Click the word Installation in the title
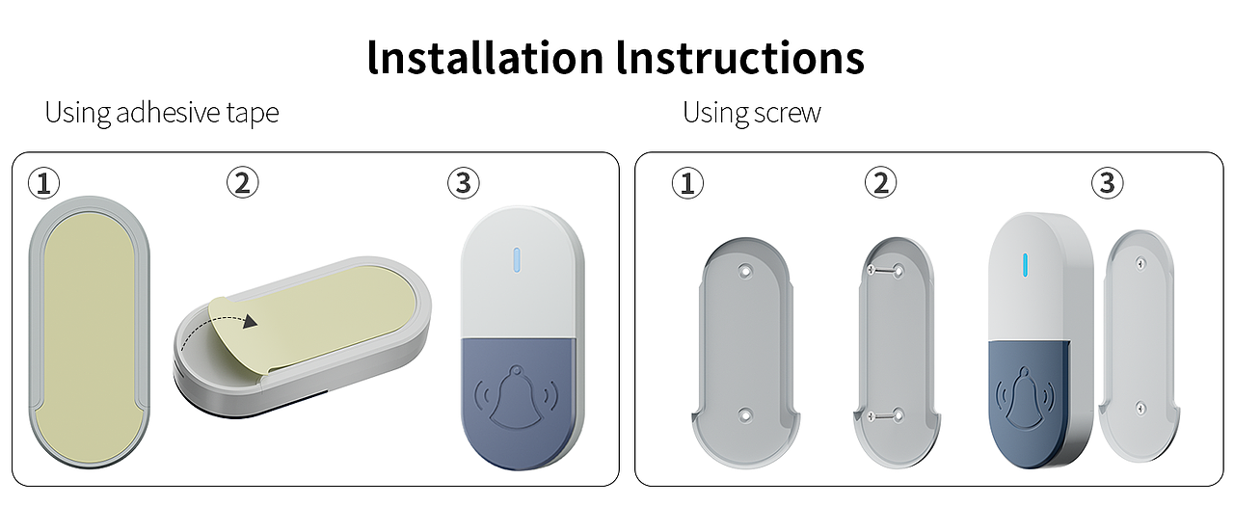pyautogui.click(x=485, y=57)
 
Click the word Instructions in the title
pyautogui.click(x=740, y=57)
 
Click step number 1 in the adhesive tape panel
pyautogui.click(x=43, y=183)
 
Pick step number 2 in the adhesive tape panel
pyautogui.click(x=242, y=182)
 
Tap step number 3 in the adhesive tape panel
pyautogui.click(x=464, y=183)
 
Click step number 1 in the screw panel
pyautogui.click(x=687, y=183)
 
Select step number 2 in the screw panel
pyautogui.click(x=880, y=182)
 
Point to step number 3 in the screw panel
pyautogui.click(x=1108, y=183)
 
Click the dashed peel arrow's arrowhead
pyautogui.click(x=250, y=322)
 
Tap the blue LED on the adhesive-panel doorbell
pyautogui.click(x=517, y=260)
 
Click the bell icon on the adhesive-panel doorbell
pyautogui.click(x=516, y=396)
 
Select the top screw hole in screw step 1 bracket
pyautogui.click(x=745, y=271)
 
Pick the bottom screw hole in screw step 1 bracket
pyautogui.click(x=745, y=415)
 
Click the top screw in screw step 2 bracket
pyautogui.click(x=885, y=270)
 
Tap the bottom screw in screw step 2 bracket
pyautogui.click(x=885, y=415)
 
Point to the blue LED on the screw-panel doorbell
pyautogui.click(x=1025, y=265)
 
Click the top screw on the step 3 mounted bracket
pyautogui.click(x=1141, y=264)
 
